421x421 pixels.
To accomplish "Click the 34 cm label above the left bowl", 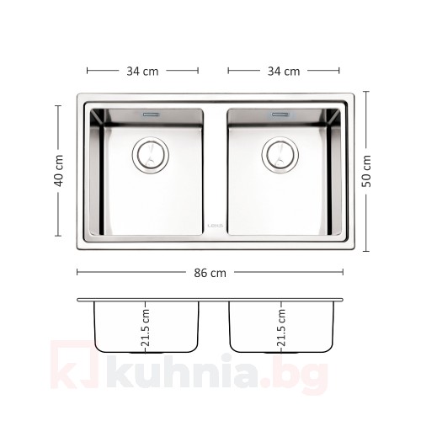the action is [x=142, y=71].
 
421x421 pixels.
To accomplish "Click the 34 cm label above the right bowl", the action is [x=284, y=71].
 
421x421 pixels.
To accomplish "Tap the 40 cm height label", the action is [x=59, y=171].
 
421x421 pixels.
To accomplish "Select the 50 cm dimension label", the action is [x=366, y=171].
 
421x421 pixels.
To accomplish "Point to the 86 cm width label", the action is [x=210, y=273].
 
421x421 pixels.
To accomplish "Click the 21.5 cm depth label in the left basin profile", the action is [x=146, y=328].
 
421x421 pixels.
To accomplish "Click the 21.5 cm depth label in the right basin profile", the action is [x=281, y=328].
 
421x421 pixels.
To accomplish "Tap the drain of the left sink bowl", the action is [x=151, y=155].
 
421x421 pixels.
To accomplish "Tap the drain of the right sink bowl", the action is [x=280, y=155].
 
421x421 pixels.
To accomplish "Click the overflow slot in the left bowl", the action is [x=152, y=115].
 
